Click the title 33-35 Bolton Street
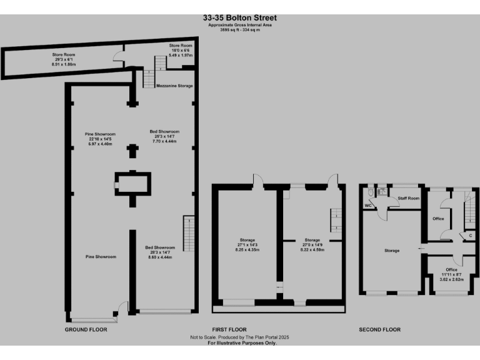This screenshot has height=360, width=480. click(239, 18)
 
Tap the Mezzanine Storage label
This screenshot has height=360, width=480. click(174, 86)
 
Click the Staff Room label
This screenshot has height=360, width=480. click(409, 198)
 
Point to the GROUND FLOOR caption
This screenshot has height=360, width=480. click(86, 329)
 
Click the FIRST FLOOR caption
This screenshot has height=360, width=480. click(229, 329)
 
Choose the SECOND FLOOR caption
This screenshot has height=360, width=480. click(379, 329)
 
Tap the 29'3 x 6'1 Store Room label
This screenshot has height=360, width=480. click(64, 60)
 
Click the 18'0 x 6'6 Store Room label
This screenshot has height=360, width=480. click(181, 51)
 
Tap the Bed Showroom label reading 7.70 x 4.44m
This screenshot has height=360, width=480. click(164, 136)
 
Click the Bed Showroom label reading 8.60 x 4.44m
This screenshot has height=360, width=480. click(161, 252)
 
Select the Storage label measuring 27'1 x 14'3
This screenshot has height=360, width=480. click(247, 244)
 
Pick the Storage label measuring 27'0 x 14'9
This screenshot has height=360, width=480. click(312, 244)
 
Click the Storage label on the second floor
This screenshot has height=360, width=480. click(392, 251)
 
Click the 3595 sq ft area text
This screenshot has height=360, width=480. click(239, 29)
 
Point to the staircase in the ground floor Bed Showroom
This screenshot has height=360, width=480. click(187, 232)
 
